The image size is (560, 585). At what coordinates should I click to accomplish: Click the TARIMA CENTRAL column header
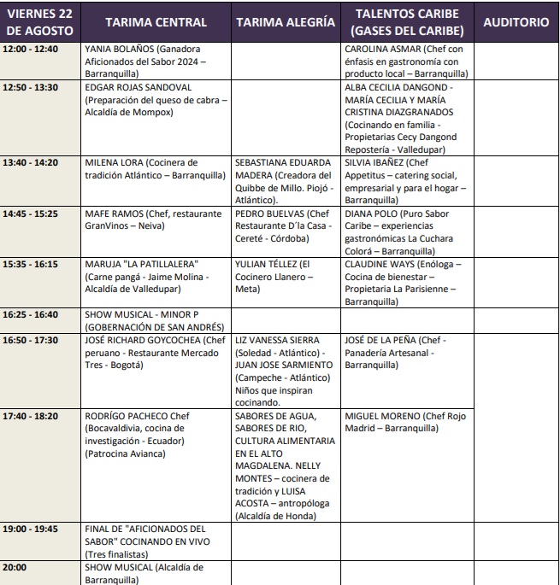point(155,23)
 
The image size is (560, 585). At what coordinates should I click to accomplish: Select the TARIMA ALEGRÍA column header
point(285,23)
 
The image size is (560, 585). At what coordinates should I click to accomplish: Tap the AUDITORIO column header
point(516,23)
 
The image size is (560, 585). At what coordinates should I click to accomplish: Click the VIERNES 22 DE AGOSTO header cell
point(41,23)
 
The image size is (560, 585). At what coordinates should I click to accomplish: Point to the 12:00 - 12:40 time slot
point(30,49)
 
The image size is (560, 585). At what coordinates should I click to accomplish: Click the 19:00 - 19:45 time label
point(30,529)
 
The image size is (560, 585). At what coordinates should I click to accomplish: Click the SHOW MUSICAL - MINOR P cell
point(154,321)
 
